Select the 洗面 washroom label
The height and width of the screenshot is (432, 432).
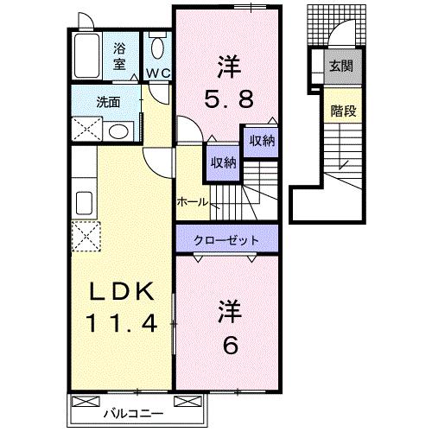109,102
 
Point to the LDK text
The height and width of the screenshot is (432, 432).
121,292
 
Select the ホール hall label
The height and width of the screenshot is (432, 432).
191,201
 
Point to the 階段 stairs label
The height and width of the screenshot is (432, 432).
340,111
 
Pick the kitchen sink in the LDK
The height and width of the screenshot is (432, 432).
85,203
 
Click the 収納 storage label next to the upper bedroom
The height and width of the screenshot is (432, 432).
262,141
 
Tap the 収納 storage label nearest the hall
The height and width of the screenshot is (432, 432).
220,162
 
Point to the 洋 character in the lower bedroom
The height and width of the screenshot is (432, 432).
228,308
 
